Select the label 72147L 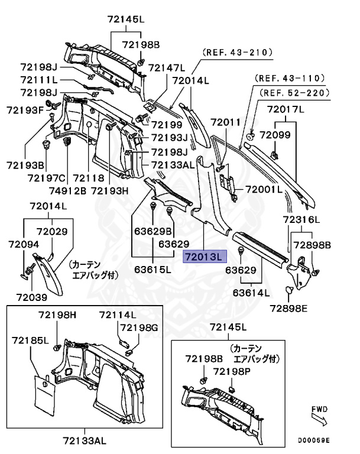pyautogui.click(x=166, y=67)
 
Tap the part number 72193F pyautogui.click(x=25, y=110)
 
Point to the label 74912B pyautogui.click(x=67, y=190)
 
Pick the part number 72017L pyautogui.click(x=286, y=109)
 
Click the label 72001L pyautogui.click(x=264, y=190)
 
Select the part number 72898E pyautogui.click(x=289, y=307)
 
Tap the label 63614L pyautogui.click(x=251, y=292)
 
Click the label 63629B pyautogui.click(x=153, y=231)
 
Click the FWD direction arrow pyautogui.click(x=320, y=421)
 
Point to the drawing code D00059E pyautogui.click(x=314, y=440)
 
